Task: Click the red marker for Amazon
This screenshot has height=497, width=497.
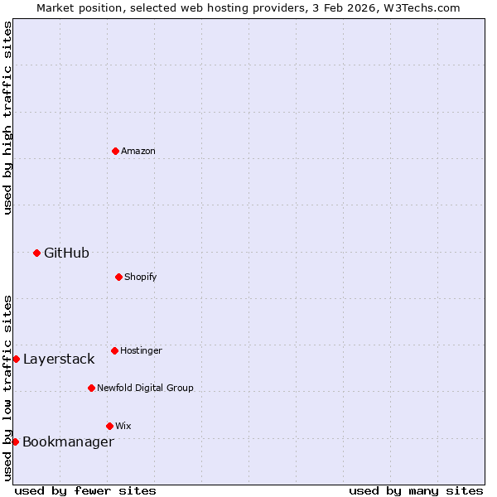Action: click(x=115, y=151)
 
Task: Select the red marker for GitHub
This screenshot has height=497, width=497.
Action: click(x=36, y=253)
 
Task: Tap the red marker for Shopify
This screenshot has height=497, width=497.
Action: click(x=118, y=277)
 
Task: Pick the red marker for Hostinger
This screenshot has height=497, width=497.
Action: click(x=114, y=350)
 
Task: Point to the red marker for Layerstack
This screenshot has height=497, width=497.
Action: click(x=16, y=359)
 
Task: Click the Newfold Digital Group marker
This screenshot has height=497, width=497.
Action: click(x=91, y=388)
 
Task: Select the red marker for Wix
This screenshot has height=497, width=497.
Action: click(x=109, y=426)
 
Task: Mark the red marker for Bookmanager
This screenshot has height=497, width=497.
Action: click(x=15, y=442)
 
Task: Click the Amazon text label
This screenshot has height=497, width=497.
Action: click(x=138, y=151)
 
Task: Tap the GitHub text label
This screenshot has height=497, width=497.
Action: click(x=66, y=253)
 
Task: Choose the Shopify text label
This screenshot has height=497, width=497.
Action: click(x=141, y=277)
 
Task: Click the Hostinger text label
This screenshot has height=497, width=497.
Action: click(x=141, y=350)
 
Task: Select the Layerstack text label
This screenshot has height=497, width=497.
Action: click(x=59, y=359)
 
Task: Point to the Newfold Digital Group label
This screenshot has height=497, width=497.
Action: click(x=145, y=388)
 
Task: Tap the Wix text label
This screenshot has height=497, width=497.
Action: click(x=123, y=426)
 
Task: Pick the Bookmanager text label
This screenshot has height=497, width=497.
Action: click(x=68, y=442)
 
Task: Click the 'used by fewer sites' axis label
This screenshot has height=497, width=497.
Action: click(x=85, y=490)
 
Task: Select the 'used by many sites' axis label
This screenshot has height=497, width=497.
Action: click(x=416, y=490)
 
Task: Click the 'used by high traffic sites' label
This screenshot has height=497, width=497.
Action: click(x=7, y=118)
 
